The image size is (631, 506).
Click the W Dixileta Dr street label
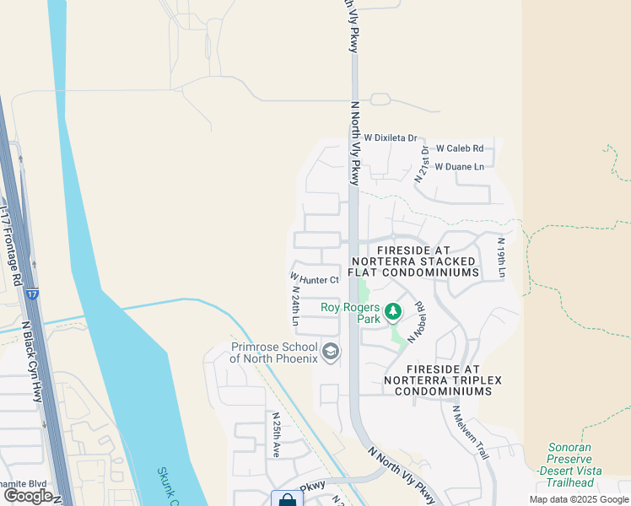point(391,137)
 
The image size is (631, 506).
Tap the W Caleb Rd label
point(459,147)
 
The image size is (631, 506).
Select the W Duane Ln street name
point(459,167)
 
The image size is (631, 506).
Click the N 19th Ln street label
point(499,257)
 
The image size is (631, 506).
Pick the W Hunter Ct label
point(314,278)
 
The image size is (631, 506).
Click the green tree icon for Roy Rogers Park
point(392,313)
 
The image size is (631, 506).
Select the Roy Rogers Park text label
point(351,314)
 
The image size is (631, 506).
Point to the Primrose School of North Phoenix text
point(274,353)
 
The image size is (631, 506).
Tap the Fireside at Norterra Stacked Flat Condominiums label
point(427,262)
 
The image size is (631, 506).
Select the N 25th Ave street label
point(275,434)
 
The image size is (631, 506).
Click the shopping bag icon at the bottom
point(286,499)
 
